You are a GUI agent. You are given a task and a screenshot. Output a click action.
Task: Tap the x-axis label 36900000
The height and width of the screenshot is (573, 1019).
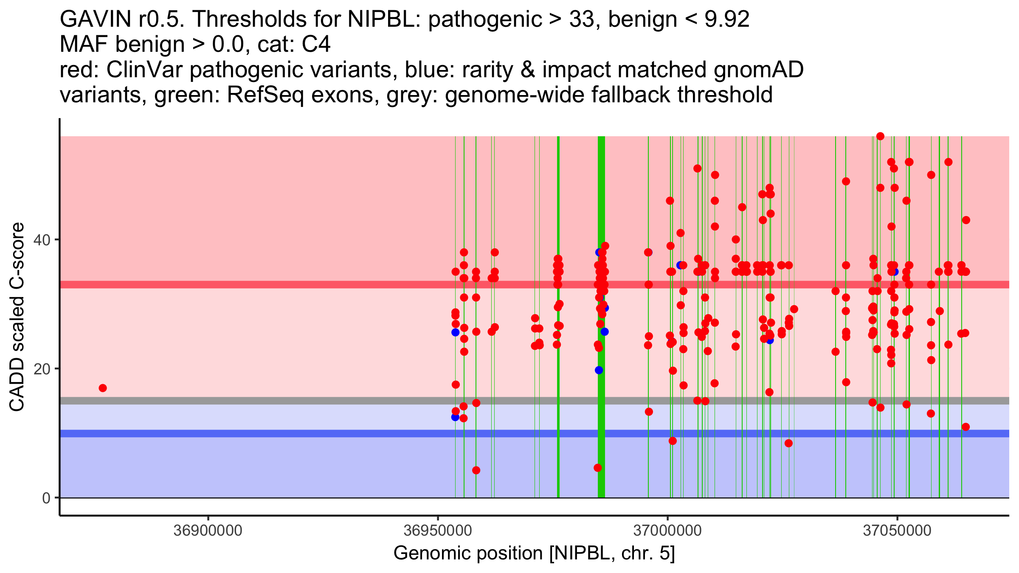[x=208, y=531]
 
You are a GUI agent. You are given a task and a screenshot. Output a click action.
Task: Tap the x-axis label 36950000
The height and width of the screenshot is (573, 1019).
[x=438, y=531]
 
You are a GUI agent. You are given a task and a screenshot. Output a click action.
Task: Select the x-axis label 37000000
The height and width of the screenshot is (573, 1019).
[x=667, y=531]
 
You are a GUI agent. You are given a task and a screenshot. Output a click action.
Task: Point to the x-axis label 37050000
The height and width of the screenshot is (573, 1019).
[x=897, y=531]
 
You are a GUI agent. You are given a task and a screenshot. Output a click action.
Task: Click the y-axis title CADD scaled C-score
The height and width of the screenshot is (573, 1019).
[x=17, y=317]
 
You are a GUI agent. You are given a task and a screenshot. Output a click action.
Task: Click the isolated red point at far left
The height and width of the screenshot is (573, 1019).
[x=103, y=388]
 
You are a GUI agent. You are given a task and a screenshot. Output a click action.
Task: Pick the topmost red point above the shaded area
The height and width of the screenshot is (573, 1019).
[x=880, y=136]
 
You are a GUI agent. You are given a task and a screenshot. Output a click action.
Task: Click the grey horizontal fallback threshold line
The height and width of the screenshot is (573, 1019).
[x=297, y=401]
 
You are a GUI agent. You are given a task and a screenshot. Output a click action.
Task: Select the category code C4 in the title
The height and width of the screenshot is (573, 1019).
[x=315, y=45]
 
